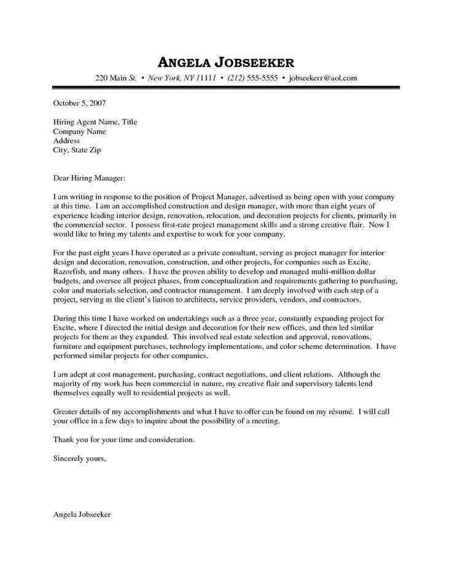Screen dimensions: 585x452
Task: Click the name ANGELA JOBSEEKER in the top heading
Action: (x=225, y=61)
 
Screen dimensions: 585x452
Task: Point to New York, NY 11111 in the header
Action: (x=182, y=78)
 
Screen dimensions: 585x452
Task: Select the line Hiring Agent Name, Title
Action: (x=95, y=122)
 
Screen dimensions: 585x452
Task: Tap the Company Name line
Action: (x=79, y=132)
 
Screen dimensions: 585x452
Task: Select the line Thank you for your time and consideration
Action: (x=124, y=439)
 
